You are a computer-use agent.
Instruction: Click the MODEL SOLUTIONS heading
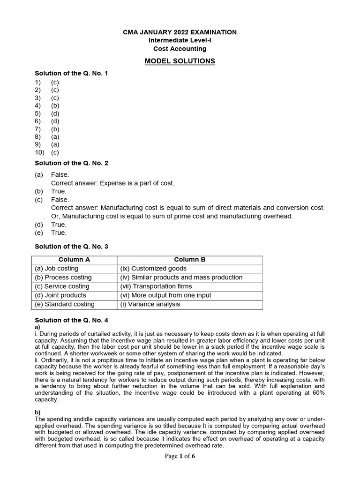pyautogui.click(x=180, y=61)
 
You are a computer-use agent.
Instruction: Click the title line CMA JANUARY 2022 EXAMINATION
pyautogui.click(x=180, y=32)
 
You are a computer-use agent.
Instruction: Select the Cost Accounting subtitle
pyautogui.click(x=180, y=49)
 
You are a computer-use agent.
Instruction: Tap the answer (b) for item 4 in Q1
pyautogui.click(x=55, y=105)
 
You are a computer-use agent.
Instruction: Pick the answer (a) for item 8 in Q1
pyautogui.click(x=55, y=137)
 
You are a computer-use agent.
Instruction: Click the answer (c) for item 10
pyautogui.click(x=55, y=152)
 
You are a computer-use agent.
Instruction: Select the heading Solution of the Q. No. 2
pyautogui.click(x=72, y=163)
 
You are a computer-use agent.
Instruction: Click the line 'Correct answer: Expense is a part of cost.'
pyautogui.click(x=112, y=183)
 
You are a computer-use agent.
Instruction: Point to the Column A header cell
pyautogui.click(x=74, y=260)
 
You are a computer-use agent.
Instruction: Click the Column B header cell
pyautogui.click(x=190, y=260)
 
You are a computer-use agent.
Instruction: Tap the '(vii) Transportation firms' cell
pyautogui.click(x=156, y=286)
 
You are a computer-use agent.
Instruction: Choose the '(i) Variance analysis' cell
pyautogui.click(x=150, y=304)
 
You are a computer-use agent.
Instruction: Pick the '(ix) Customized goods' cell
pyautogui.click(x=153, y=269)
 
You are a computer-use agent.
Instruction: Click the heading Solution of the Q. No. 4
pyautogui.click(x=72, y=320)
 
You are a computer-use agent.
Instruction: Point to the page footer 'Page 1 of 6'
pyautogui.click(x=180, y=457)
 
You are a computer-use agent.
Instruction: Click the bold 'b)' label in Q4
pyautogui.click(x=38, y=412)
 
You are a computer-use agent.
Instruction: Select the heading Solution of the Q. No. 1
pyautogui.click(x=72, y=73)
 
